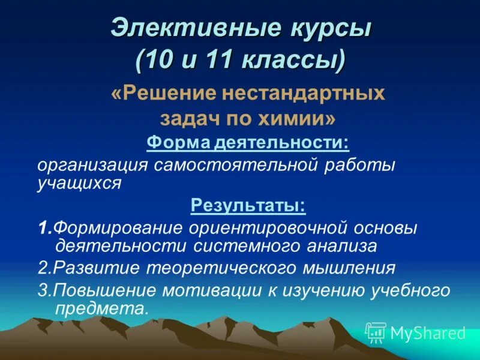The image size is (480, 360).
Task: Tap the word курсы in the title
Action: click(319, 30)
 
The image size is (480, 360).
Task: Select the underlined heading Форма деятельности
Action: click(248, 143)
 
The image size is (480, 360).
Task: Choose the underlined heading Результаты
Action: click(248, 206)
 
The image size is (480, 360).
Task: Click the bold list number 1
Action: click(43, 228)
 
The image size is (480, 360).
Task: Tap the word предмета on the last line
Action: click(100, 308)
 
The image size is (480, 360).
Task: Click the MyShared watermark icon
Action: click(376, 332)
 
